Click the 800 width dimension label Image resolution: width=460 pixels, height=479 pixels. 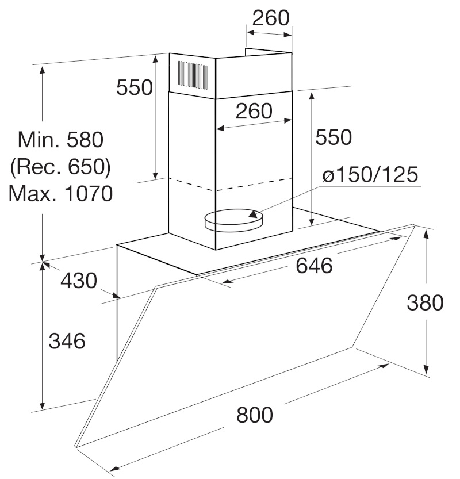254,415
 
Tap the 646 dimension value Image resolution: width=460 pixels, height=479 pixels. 314,266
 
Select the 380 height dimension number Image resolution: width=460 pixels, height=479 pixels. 425,302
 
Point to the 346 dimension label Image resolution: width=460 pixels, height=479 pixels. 67,341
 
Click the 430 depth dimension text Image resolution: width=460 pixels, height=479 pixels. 79,281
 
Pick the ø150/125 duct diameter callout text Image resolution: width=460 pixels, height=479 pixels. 370,174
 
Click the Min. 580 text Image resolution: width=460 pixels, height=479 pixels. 61,140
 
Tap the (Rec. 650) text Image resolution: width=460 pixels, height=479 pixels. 60,167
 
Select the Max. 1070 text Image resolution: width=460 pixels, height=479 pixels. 61,193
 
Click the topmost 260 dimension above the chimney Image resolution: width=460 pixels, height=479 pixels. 271,18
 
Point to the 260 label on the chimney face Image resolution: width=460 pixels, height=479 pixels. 254,111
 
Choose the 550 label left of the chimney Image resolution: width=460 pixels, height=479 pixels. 135,87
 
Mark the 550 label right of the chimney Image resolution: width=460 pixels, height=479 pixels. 333,137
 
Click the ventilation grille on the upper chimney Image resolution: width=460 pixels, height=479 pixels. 193,75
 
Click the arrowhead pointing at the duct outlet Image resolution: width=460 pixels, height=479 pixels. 254,214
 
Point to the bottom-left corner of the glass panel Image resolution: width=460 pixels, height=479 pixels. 75,447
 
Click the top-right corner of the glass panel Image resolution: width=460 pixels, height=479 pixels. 414,225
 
